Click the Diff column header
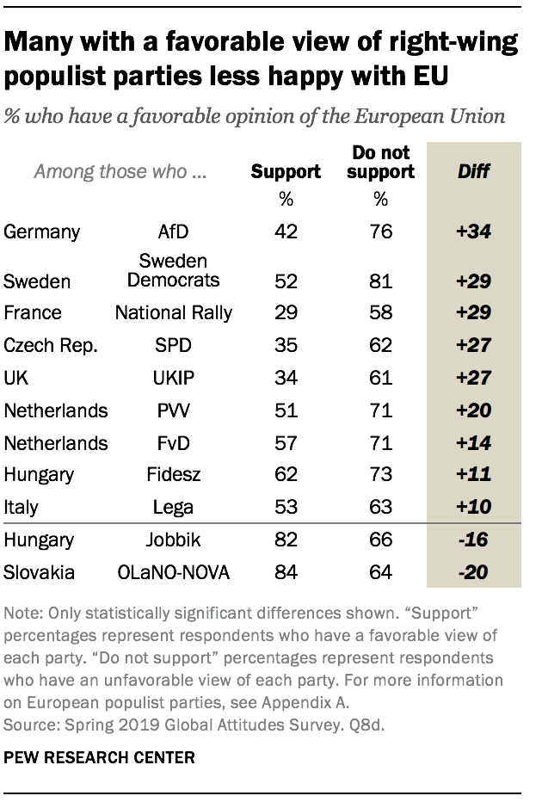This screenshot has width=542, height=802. [x=473, y=171]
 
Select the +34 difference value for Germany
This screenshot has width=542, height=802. [x=473, y=231]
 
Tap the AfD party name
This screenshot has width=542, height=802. [x=173, y=231]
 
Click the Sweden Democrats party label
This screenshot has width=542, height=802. [x=173, y=270]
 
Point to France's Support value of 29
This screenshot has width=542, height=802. [x=286, y=312]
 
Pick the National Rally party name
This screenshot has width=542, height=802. [x=173, y=312]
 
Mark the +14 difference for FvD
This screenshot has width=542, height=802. [x=473, y=443]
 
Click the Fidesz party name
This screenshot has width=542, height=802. [x=173, y=474]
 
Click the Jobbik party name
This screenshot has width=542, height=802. [x=173, y=540]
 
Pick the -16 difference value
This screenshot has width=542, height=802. [x=473, y=540]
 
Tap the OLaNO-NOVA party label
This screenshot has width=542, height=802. [x=173, y=571]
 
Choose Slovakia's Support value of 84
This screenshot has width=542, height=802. [x=286, y=571]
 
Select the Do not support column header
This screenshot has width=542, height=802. [x=382, y=162]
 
